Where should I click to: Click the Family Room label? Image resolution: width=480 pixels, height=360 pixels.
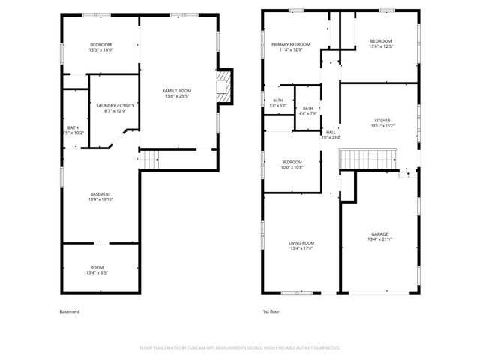(x=178, y=91)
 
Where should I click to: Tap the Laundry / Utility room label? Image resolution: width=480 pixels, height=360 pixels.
(x=115, y=106)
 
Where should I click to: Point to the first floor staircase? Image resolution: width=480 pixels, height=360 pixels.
(x=367, y=159)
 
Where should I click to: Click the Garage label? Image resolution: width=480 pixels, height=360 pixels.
(x=379, y=234)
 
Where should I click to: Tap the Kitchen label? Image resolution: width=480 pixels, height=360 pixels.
(x=382, y=121)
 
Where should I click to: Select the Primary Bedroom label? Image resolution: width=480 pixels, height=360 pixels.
(x=291, y=44)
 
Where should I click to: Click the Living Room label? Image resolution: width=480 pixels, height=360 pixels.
(x=301, y=243)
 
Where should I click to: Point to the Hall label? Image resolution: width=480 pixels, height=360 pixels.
(x=331, y=132)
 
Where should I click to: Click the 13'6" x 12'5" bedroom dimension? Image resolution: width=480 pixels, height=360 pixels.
(x=380, y=47)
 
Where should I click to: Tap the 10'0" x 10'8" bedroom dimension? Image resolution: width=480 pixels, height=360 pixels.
(x=292, y=168)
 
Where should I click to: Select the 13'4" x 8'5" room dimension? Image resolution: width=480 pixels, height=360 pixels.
(x=97, y=273)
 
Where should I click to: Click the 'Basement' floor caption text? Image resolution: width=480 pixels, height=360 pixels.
(x=69, y=311)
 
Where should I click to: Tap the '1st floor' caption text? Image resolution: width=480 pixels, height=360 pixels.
(x=271, y=311)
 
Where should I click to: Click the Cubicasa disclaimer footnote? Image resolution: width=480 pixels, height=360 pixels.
(x=240, y=348)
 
